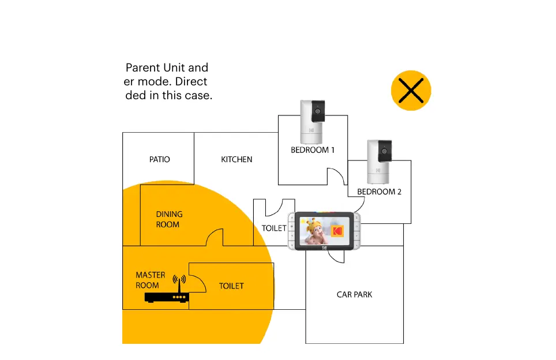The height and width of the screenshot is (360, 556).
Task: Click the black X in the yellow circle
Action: click(411, 91)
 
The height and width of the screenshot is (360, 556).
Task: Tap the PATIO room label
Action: click(160, 159)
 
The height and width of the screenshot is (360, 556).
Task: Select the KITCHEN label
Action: click(236, 159)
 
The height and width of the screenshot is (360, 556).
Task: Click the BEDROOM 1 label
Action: click(313, 150)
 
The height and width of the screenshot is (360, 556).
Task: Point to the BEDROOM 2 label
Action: click(379, 192)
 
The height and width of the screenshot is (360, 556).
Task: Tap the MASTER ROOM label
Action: click(150, 280)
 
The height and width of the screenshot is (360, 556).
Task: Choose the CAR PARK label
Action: click(354, 295)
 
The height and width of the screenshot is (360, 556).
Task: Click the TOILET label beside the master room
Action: click(231, 286)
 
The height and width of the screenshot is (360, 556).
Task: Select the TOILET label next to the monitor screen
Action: click(274, 228)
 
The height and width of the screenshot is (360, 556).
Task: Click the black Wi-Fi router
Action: click(167, 297)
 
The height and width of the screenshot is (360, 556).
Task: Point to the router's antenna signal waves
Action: click(179, 279)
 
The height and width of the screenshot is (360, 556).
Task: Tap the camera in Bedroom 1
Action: click(313, 122)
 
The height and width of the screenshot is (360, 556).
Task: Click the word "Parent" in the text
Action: click(142, 68)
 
